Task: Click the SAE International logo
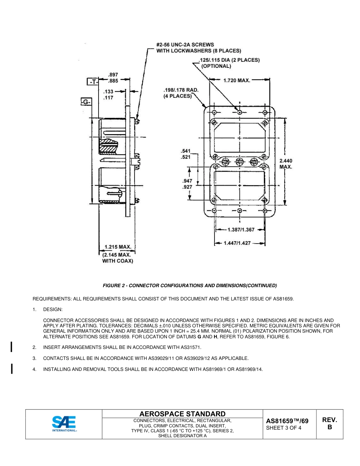64,424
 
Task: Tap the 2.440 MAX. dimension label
286,164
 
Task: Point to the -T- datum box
92,82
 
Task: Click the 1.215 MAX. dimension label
118,247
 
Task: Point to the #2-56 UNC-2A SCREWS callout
185,45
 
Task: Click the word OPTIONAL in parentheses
216,66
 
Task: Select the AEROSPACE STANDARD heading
182,414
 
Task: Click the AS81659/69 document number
287,421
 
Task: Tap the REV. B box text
329,424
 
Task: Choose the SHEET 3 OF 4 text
284,428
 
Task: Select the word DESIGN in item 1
53,310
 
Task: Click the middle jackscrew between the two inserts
239,162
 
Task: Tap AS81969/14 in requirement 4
249,369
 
